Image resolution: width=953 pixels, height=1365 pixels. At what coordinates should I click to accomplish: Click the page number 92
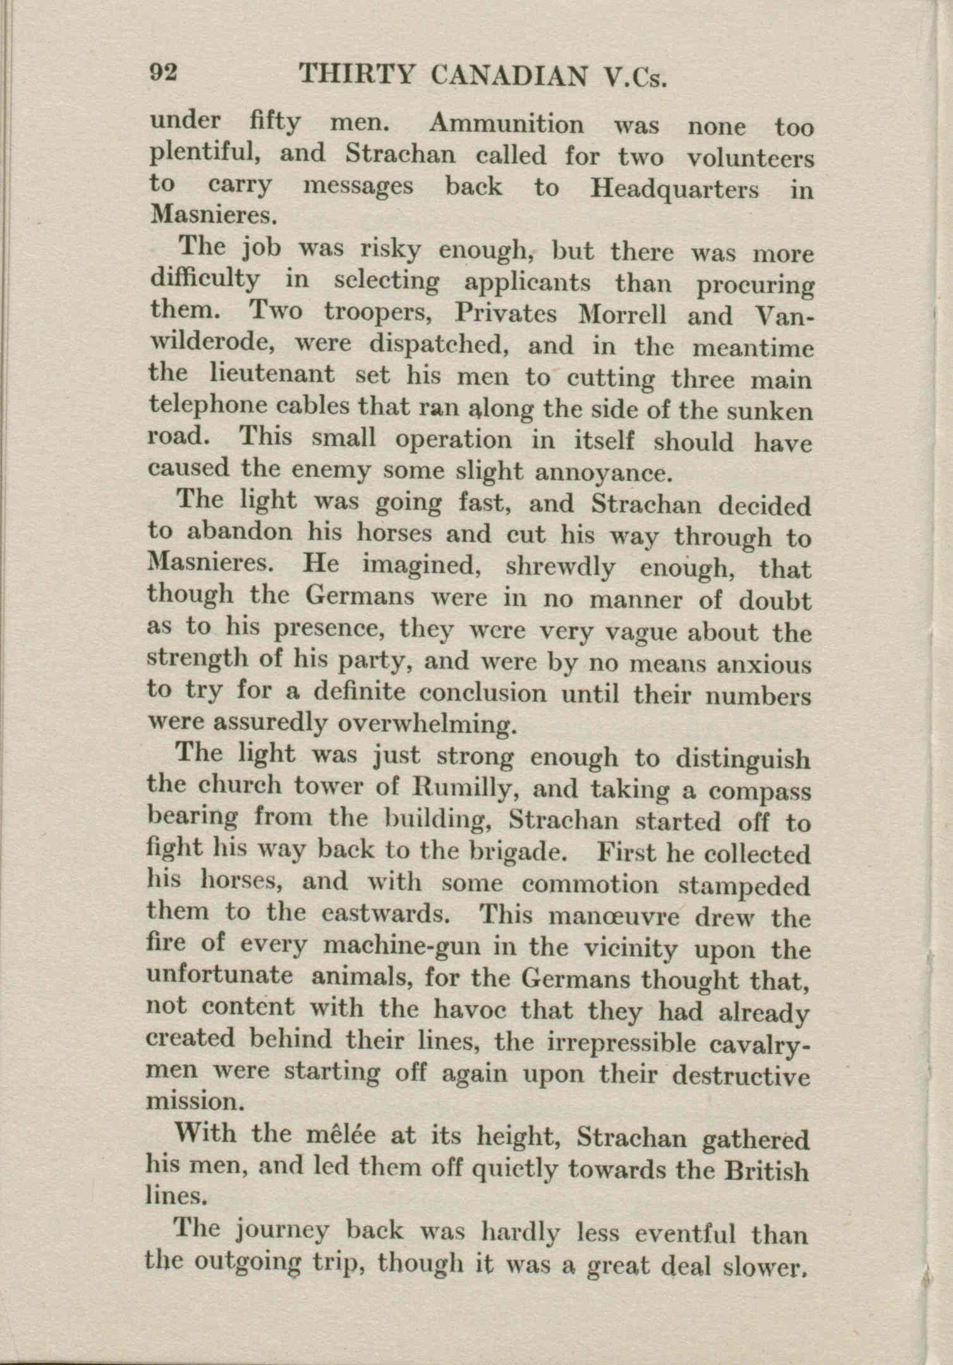point(164,74)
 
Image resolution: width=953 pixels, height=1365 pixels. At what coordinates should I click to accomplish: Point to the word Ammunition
point(506,124)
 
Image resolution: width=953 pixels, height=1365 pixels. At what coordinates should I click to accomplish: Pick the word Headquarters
point(674,190)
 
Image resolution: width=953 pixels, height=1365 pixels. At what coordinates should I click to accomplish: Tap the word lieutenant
point(272,374)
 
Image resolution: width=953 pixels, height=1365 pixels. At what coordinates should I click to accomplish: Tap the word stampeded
point(743,886)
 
